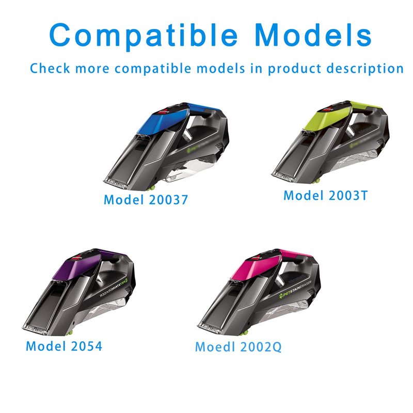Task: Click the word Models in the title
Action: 313,35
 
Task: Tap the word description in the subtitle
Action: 365,69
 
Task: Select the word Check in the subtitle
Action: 50,68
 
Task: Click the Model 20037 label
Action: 146,200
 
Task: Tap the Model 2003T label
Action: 325,196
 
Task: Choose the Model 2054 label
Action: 64,346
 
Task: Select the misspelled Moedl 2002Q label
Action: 239,346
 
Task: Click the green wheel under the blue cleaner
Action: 152,188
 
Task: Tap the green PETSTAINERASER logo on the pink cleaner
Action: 295,289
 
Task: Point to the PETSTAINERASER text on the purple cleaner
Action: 113,288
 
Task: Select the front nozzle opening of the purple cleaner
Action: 36,329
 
